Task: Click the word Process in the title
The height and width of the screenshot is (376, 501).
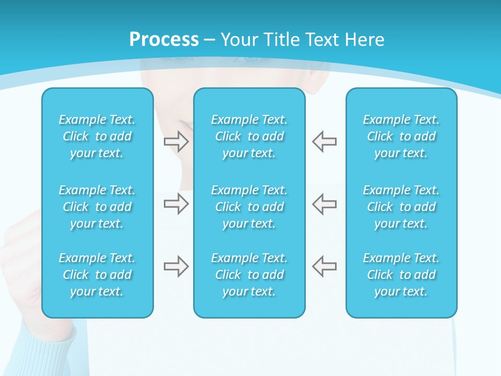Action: coord(164,40)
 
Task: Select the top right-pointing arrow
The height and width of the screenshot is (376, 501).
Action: coord(176,142)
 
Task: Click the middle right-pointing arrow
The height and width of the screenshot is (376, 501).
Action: coord(176,204)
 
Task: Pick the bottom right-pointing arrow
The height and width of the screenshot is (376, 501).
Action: coord(176,266)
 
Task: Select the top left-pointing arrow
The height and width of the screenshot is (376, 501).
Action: coord(325,142)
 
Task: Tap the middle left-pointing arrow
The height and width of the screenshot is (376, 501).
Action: coord(325,204)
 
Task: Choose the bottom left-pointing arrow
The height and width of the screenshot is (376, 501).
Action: coord(325,266)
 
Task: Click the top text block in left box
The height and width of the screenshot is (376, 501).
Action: coord(97,136)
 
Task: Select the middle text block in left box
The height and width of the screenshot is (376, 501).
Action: coord(97,207)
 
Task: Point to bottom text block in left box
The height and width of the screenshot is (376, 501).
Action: coord(97,275)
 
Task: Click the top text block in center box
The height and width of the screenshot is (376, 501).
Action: coord(249,136)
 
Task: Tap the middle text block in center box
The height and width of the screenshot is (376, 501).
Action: coord(249,207)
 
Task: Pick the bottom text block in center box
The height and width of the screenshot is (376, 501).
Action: coord(249,275)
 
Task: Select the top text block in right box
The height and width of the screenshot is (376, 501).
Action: coord(401,136)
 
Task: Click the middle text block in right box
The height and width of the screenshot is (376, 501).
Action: coord(401,207)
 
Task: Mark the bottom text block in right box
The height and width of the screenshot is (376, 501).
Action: coord(401,275)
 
